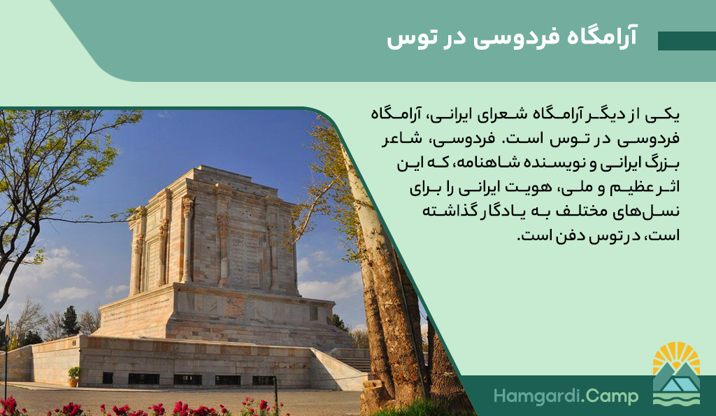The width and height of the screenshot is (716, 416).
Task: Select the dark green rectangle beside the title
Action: tap(687, 41)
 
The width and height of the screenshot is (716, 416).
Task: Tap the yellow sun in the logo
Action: tap(676, 356)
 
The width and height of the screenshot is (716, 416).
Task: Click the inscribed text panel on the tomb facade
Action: tap(245, 261)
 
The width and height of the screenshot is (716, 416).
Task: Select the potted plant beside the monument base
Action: tap(74, 376)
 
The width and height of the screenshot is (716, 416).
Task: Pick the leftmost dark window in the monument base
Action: tap(107, 378)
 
